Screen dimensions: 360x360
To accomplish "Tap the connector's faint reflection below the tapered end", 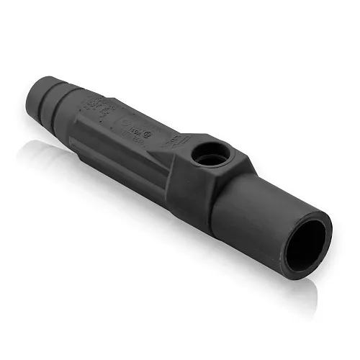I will pos(43,151).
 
